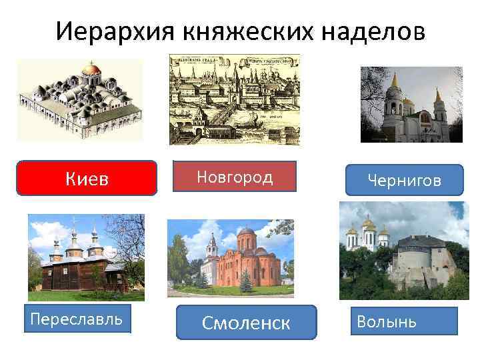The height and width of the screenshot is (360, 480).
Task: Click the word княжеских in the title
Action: (x=233, y=31)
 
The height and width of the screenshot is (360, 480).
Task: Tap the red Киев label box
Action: (x=87, y=178)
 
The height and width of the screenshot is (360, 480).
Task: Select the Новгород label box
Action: (x=235, y=177)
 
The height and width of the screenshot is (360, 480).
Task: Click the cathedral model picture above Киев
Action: (x=80, y=100)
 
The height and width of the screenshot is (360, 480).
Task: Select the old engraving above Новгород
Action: (x=234, y=100)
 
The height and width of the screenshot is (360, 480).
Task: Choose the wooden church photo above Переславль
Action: (x=86, y=257)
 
